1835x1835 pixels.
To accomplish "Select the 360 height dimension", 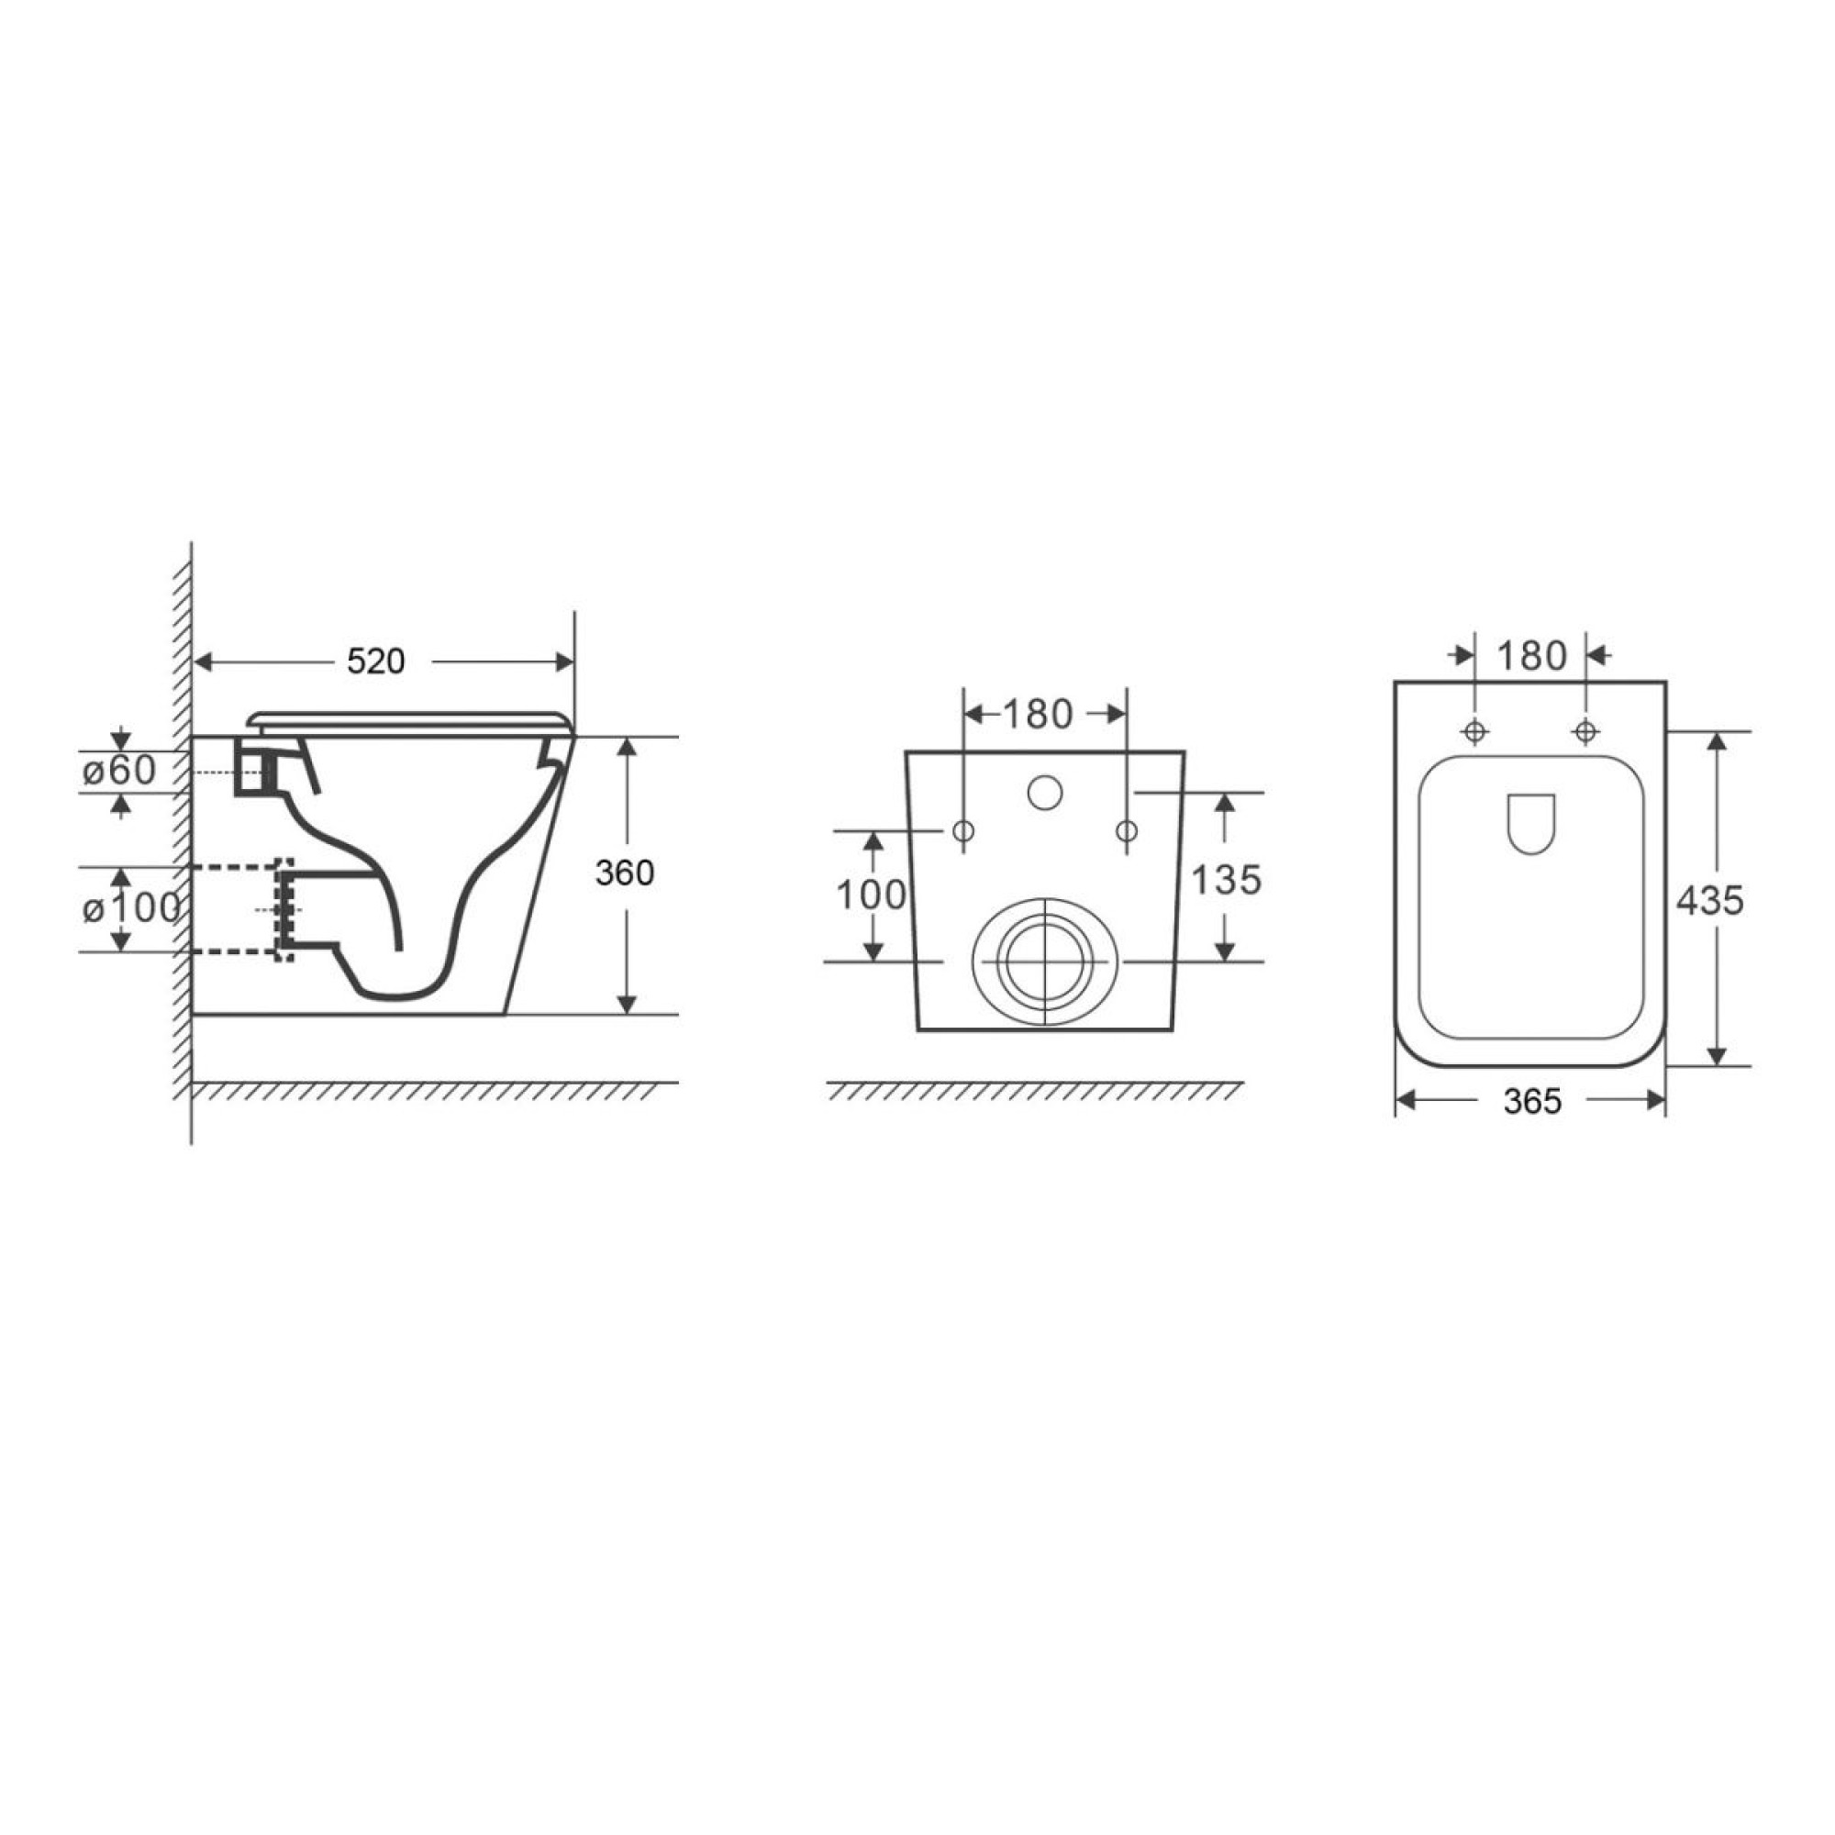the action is (x=624, y=873).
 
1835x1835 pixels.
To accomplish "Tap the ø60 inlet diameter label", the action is (x=118, y=772).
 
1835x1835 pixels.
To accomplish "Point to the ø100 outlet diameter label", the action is (x=131, y=909).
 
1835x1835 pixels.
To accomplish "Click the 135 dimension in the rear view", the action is (x=1225, y=881).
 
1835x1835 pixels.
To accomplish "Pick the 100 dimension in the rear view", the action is (x=870, y=895).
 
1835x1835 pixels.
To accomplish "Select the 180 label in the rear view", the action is (x=1037, y=714).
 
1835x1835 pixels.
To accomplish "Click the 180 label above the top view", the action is (x=1531, y=655).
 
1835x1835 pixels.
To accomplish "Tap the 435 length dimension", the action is (x=1709, y=900).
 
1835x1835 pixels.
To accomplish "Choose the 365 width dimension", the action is (x=1532, y=1101).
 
